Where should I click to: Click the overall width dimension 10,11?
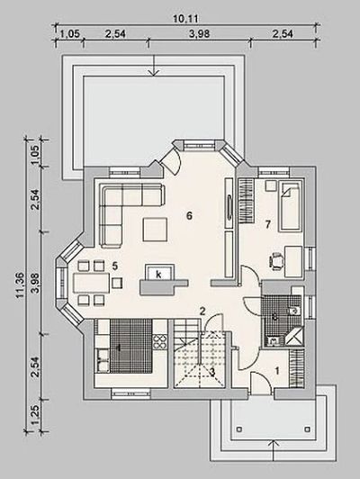(x=185, y=19)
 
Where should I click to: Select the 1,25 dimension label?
(x=36, y=414)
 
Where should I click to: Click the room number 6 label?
(x=189, y=216)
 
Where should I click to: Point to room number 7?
(x=268, y=224)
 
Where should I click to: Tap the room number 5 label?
(x=114, y=266)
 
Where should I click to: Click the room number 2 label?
(x=202, y=312)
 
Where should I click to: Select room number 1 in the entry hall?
(x=277, y=371)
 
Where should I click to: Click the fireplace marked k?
(x=158, y=273)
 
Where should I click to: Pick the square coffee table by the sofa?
(x=155, y=229)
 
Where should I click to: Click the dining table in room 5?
(x=91, y=283)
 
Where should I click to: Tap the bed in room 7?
(x=290, y=206)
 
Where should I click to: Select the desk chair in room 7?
(x=276, y=261)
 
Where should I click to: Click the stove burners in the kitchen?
(x=160, y=342)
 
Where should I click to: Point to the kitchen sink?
(x=103, y=361)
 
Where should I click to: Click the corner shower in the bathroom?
(x=293, y=338)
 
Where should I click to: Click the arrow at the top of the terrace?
(x=155, y=65)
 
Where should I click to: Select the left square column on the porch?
(x=240, y=429)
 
